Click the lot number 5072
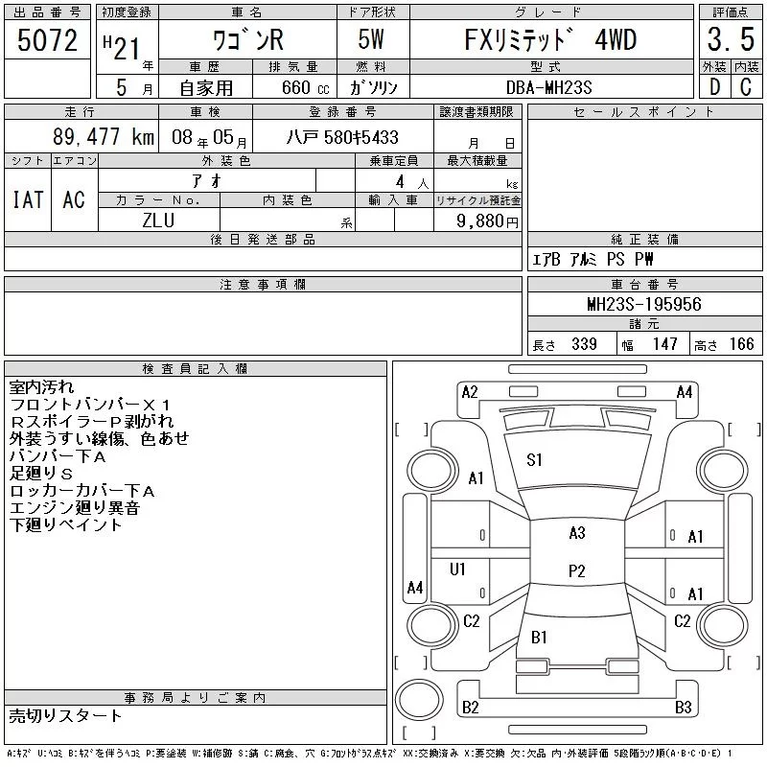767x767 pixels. [48, 40]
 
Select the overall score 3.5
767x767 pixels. [729, 41]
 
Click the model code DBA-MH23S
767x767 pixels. [549, 86]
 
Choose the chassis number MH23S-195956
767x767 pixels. [643, 304]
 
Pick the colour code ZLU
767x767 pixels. [158, 220]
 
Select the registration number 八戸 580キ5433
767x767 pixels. [342, 137]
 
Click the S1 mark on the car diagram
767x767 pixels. [534, 459]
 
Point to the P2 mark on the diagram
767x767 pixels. [576, 570]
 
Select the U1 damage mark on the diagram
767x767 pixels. [457, 569]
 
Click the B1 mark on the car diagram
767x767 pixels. [539, 636]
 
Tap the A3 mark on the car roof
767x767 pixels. [576, 533]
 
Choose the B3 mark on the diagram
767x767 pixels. [683, 708]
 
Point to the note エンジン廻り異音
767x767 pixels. [75, 508]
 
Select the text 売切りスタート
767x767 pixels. [66, 715]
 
